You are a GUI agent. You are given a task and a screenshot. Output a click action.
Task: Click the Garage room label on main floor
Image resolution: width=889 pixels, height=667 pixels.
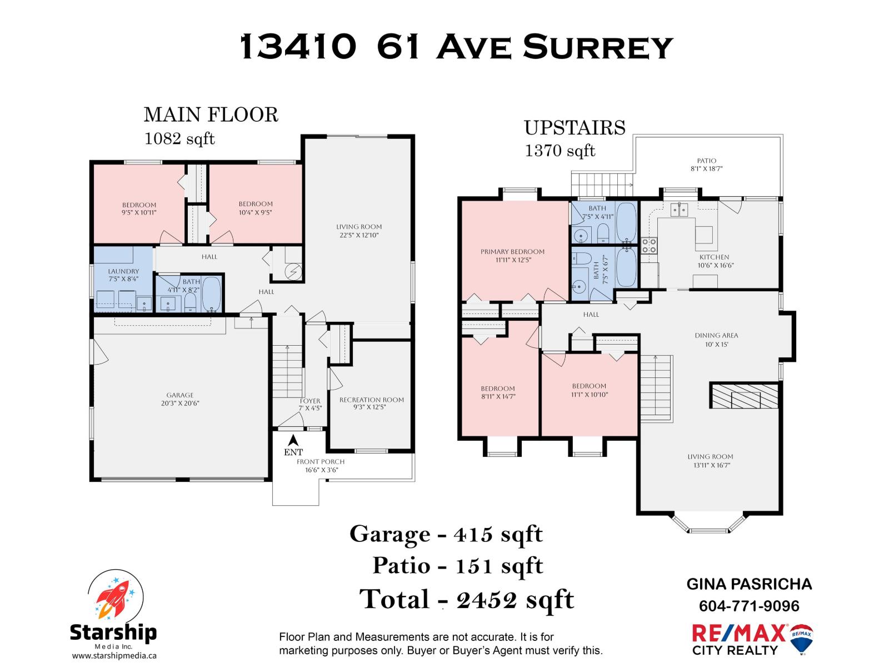[x=179, y=395]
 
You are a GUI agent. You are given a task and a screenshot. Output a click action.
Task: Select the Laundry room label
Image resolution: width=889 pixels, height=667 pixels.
[x=123, y=271]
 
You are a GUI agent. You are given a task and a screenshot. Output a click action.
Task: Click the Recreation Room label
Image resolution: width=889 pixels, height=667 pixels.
[x=371, y=400]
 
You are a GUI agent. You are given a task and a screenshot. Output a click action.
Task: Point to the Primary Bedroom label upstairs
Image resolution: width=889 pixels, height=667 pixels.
[x=512, y=252]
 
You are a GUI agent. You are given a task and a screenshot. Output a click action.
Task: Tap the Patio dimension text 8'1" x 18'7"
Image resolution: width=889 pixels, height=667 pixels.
[x=706, y=169]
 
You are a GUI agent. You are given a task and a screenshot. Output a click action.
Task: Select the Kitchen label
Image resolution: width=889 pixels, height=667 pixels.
[x=714, y=257]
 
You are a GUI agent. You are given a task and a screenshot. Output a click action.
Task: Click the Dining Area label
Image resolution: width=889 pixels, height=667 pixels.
[x=716, y=336]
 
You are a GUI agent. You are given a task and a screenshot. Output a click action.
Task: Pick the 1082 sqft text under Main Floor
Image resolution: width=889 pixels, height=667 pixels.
[x=179, y=138]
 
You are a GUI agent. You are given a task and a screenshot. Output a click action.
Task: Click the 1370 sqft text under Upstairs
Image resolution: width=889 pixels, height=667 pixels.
[x=560, y=151]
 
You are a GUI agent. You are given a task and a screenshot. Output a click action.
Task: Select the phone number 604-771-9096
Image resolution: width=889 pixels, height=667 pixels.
[x=749, y=606]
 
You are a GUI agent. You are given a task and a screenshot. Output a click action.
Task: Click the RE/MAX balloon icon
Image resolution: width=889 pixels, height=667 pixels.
[x=801, y=638]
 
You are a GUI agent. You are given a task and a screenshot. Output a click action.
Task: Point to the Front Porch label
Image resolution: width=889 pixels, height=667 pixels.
[x=321, y=462]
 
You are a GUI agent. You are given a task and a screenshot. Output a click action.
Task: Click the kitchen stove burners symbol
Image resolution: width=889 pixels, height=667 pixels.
[x=648, y=245]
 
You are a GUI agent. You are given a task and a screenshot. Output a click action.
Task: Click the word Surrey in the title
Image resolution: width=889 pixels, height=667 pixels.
[x=598, y=47]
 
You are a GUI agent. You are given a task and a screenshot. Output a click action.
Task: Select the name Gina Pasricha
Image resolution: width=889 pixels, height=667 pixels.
[x=749, y=584]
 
